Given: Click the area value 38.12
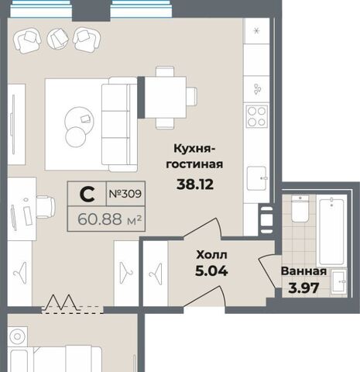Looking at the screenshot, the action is [x=195, y=184].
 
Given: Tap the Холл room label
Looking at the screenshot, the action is [x=211, y=255].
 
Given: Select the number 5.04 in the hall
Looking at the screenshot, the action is [x=211, y=271].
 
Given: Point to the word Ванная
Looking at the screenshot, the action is [x=303, y=271].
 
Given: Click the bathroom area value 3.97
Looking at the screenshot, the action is [x=303, y=288].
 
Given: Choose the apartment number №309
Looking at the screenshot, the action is [x=125, y=194].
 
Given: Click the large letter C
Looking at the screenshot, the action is [x=87, y=194].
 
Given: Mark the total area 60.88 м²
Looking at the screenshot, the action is [x=110, y=219].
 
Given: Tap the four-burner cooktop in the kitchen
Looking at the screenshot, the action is [x=257, y=116].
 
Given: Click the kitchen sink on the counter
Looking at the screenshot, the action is [x=257, y=178].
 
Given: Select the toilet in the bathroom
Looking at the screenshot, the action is [x=300, y=208].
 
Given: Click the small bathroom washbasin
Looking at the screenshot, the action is [x=338, y=282].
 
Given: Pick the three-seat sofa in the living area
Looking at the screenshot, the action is [x=119, y=124].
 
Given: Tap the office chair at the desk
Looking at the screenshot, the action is [x=46, y=207].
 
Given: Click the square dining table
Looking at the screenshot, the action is [x=166, y=97].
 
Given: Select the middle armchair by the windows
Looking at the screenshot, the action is [x=58, y=38].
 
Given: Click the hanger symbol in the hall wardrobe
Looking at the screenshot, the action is [x=156, y=274].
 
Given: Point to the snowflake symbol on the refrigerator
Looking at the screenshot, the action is [x=256, y=31].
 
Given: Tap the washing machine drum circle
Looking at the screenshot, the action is [x=17, y=337].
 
